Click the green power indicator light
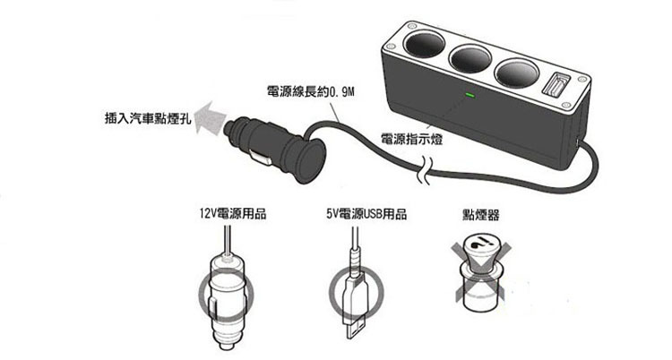(467, 93)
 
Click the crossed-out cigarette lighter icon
(479, 273)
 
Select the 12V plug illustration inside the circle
(225, 296)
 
